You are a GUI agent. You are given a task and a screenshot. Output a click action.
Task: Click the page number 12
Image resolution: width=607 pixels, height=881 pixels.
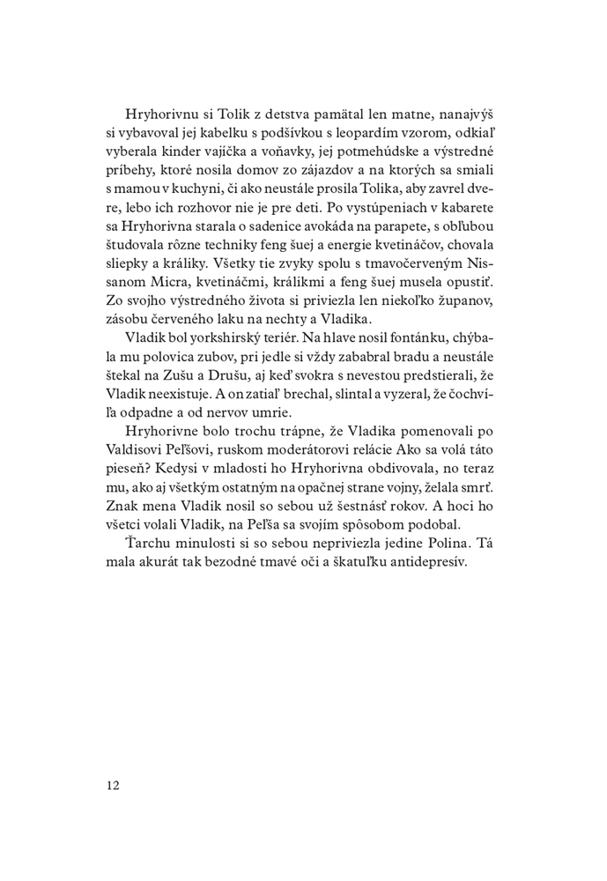(x=113, y=783)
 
